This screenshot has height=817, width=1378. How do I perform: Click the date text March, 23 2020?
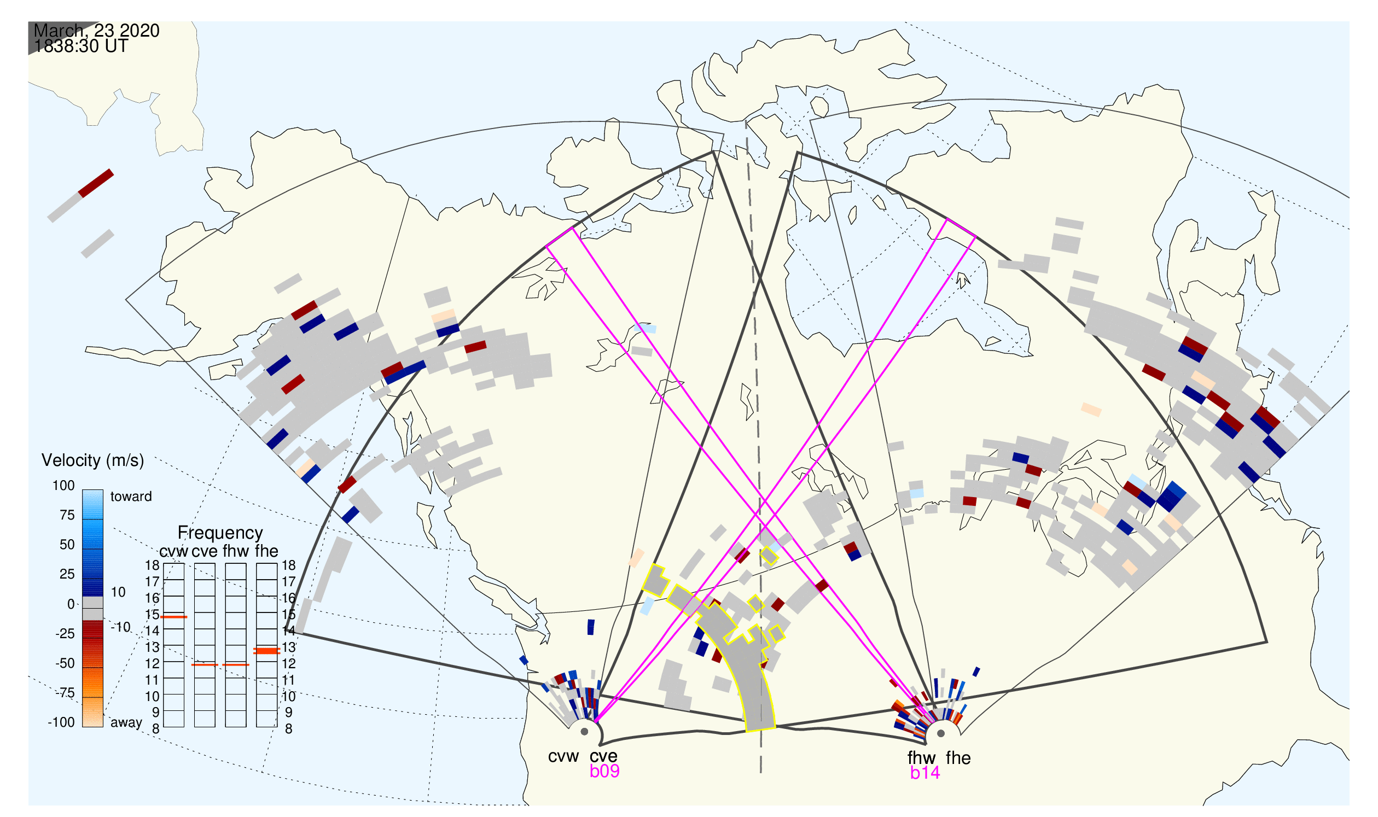point(96,30)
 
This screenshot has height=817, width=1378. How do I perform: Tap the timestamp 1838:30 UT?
point(81,46)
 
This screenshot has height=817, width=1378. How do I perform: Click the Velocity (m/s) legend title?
point(92,461)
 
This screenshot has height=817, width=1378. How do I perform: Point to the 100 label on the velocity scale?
point(63,486)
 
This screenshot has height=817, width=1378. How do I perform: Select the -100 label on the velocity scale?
point(61,722)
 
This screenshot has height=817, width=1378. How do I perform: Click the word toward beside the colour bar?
point(131,497)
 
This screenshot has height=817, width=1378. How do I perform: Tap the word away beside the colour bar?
point(126,723)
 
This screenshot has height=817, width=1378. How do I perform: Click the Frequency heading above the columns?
point(220,533)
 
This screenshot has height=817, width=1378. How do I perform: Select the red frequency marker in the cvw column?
point(174,617)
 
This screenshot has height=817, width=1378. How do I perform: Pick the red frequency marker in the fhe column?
point(266,651)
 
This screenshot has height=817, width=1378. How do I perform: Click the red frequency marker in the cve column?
point(205,665)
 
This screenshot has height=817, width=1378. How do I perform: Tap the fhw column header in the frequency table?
point(236,551)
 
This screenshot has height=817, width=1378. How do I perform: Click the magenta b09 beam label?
point(604,771)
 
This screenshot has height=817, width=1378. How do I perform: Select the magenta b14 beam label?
point(925,773)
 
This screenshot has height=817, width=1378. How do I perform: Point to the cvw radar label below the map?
point(563,756)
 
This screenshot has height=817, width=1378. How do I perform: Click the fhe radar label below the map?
point(958,758)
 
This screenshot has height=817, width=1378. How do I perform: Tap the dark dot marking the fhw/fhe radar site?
point(941,733)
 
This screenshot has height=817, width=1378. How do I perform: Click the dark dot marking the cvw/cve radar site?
point(585,732)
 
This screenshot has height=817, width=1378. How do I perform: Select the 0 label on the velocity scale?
point(71,604)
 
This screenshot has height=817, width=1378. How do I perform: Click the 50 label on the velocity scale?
point(67,545)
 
